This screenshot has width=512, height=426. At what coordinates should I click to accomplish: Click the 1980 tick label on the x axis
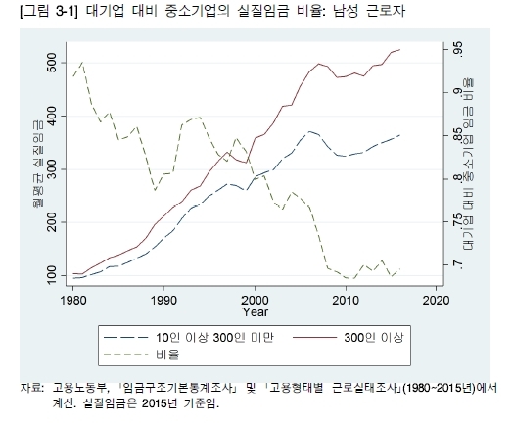(73, 300)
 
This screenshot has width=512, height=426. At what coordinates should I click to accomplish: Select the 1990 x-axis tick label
(163, 300)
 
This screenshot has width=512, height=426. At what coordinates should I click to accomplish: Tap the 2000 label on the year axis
(255, 300)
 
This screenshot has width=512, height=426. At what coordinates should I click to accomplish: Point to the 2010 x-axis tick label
(346, 300)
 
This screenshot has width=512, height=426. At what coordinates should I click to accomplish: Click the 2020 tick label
(437, 300)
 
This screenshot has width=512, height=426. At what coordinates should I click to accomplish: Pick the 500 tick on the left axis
(52, 63)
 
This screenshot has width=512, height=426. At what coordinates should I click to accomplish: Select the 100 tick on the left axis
(52, 275)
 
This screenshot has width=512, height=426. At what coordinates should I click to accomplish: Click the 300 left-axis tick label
(52, 169)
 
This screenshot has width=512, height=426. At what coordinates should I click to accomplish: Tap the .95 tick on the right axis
(458, 49)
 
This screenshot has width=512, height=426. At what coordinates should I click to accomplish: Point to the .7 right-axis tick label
(458, 265)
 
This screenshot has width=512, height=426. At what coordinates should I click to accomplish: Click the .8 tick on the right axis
(458, 178)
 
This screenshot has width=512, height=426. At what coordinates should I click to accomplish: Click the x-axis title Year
(255, 312)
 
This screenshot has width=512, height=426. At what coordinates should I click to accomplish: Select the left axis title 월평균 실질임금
(38, 164)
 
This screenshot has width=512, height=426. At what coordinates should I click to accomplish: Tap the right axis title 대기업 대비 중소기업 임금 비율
(469, 165)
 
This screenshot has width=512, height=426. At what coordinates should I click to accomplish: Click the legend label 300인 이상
(374, 338)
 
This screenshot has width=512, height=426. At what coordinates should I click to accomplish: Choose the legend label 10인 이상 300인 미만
(214, 338)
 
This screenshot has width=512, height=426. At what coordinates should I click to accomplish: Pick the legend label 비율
(167, 355)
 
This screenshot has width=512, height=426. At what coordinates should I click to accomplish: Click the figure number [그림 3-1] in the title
(49, 12)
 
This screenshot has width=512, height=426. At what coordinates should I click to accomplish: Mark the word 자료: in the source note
(31, 388)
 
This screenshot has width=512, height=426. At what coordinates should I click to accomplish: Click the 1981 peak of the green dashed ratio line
(82, 62)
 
